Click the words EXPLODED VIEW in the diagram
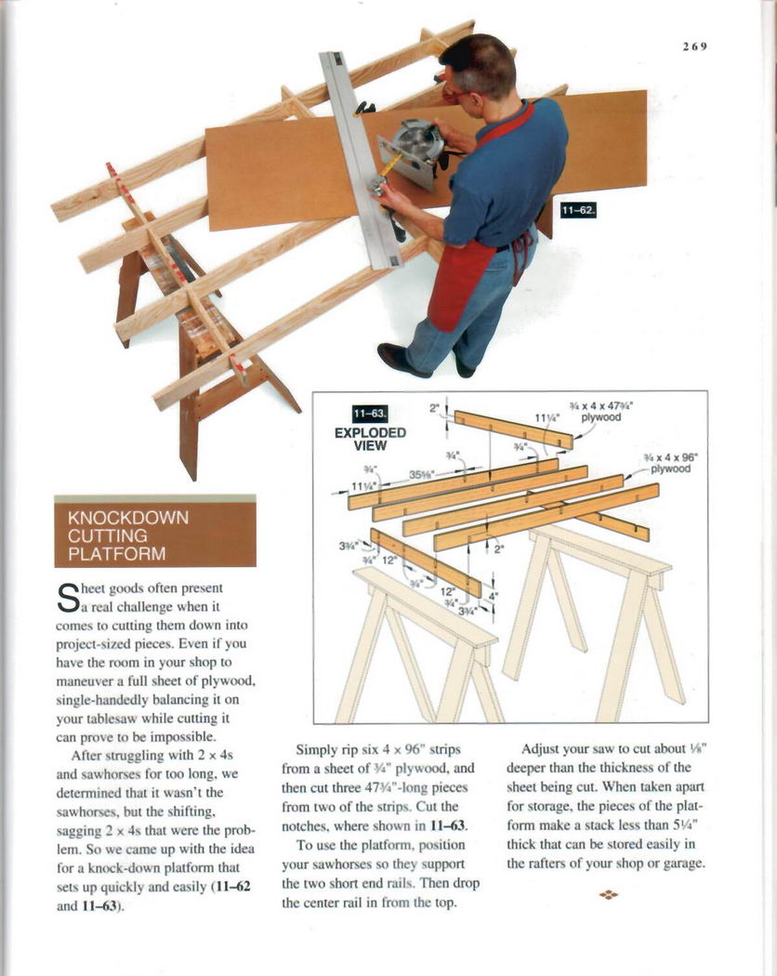pyautogui.click(x=370, y=439)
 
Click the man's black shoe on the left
pyautogui.click(x=403, y=360)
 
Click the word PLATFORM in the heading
pyautogui.click(x=117, y=555)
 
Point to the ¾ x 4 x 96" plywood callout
pyautogui.click(x=669, y=463)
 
